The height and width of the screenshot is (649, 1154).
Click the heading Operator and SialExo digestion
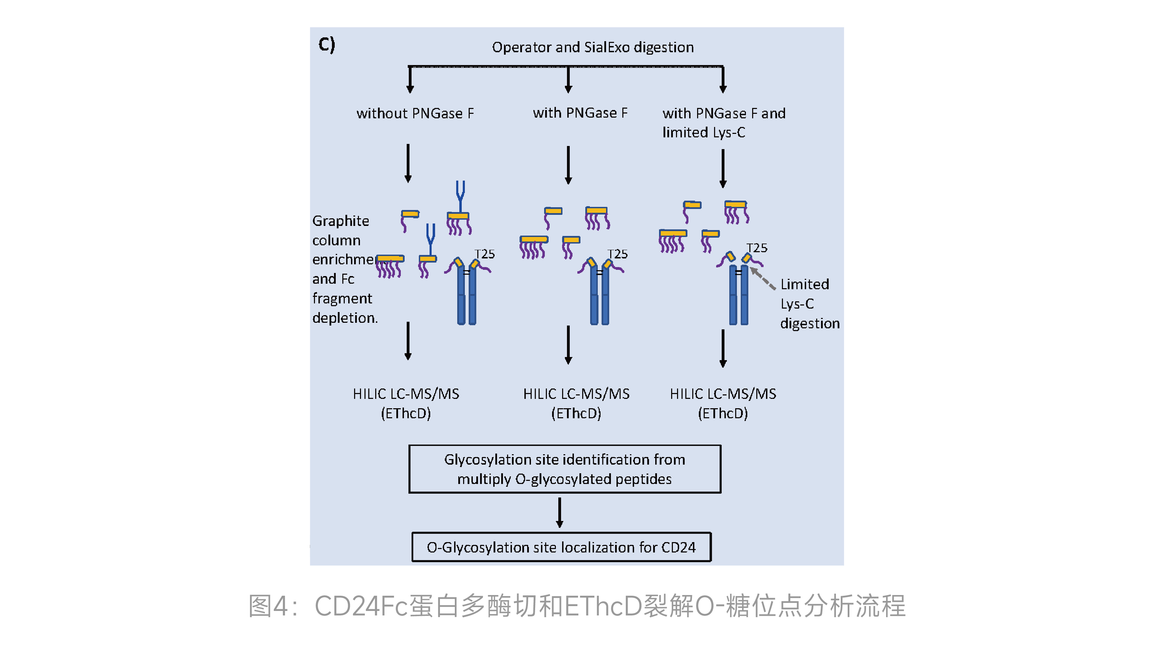click(592, 47)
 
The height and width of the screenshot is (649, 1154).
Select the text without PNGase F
click(415, 113)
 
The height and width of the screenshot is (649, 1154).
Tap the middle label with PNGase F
click(580, 113)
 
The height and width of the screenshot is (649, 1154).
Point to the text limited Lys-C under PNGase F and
click(703, 132)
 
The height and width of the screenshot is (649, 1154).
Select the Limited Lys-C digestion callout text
click(809, 304)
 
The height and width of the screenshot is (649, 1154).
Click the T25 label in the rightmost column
click(757, 248)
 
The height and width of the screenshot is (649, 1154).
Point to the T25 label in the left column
click(485, 254)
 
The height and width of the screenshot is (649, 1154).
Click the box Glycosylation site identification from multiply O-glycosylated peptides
click(565, 469)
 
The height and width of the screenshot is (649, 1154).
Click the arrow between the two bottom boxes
click(560, 512)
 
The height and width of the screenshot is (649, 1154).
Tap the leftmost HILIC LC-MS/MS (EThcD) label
click(406, 403)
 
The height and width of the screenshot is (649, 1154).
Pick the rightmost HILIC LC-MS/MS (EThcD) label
click(723, 403)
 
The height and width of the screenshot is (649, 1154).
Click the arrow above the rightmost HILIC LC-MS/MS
click(723, 348)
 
